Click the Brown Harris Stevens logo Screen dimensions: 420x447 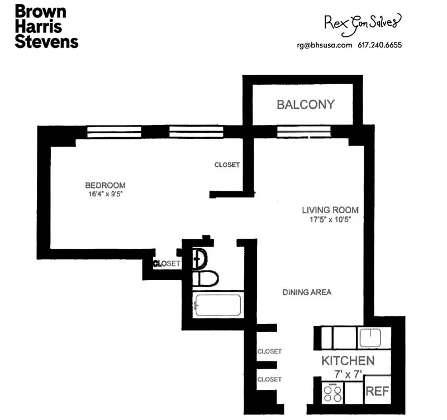click(x=46, y=26)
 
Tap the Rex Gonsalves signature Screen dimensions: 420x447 click(x=363, y=22)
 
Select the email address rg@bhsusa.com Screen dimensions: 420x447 click(x=325, y=46)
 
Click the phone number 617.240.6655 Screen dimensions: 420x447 click(x=380, y=46)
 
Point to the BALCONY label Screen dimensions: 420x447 click(x=306, y=104)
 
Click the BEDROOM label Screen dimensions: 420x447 click(x=105, y=185)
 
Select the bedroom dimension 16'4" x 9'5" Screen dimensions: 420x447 click(x=105, y=195)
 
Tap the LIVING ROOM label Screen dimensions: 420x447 click(x=330, y=210)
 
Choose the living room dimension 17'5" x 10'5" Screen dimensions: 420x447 click(x=330, y=219)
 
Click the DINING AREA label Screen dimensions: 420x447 click(x=307, y=292)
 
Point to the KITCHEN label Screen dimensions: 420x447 click(x=348, y=361)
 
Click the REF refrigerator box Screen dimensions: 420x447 click(x=377, y=391)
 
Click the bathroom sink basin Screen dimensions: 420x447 click(x=201, y=257)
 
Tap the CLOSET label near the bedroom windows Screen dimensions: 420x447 click(x=227, y=165)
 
